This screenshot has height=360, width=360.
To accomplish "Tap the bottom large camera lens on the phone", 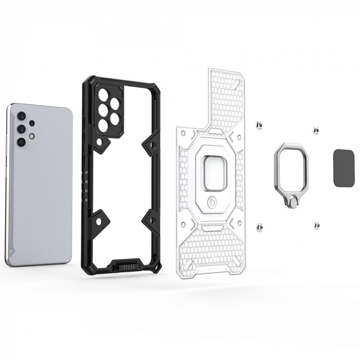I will pos(21,140).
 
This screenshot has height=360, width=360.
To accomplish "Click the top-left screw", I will pos(260,124).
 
